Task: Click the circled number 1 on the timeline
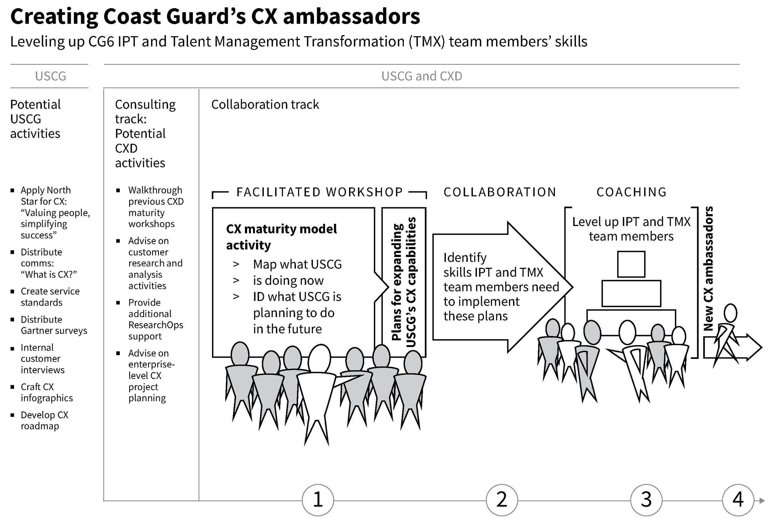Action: pos(317,500)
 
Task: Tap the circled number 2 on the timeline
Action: pos(502,500)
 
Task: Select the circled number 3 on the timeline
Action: pos(646,500)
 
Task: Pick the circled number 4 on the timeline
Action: pos(738,500)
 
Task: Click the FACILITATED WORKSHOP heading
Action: pos(319,192)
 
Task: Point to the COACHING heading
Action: pos(632,192)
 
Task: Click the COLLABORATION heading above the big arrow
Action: pos(500,192)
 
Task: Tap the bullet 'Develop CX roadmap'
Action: pos(44,420)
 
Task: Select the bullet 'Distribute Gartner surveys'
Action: pos(53,325)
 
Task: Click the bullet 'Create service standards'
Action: pos(50,297)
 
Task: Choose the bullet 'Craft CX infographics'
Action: pos(46,392)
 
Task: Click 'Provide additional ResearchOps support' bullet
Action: pos(155,319)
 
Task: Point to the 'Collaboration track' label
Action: pos(265,105)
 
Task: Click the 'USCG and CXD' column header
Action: pos(421,76)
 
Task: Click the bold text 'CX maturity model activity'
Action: pos(281,237)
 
